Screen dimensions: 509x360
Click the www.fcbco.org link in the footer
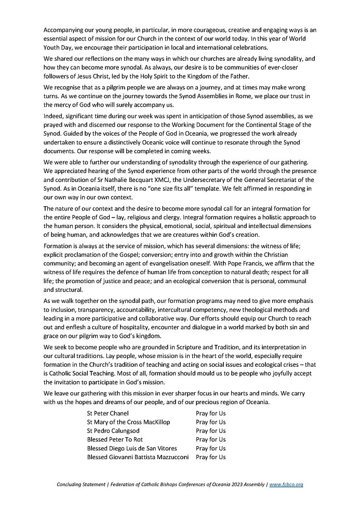click(286, 484)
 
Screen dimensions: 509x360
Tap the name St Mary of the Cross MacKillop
click(128, 422)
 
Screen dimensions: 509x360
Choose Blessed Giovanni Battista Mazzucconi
click(138, 457)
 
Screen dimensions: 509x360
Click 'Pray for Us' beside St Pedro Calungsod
click(210, 431)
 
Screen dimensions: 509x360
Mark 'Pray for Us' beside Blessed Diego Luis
click(210, 448)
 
